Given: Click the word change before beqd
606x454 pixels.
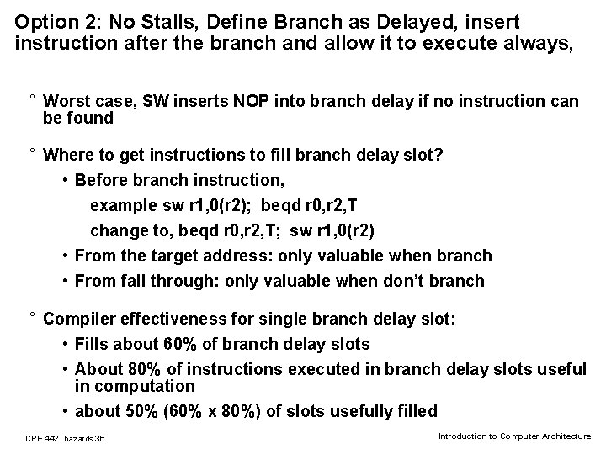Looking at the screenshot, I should pyautogui.click(x=118, y=230).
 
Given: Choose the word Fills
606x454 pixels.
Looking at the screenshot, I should pyautogui.click(x=93, y=344).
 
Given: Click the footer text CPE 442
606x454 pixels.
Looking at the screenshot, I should pyautogui.click(x=43, y=438).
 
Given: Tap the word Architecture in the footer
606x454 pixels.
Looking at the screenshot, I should pyautogui.click(x=567, y=436).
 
